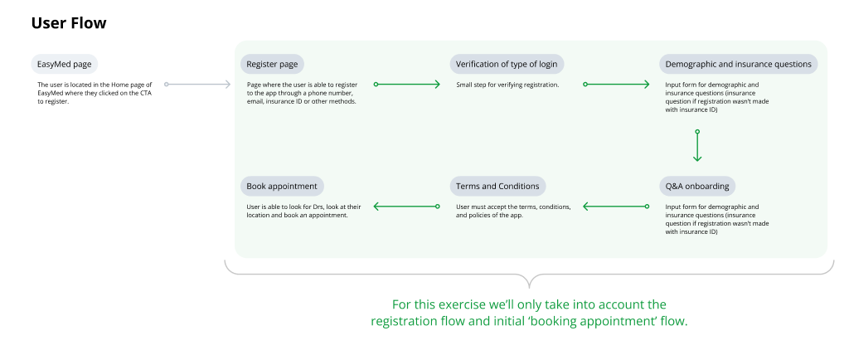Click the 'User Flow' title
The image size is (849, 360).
tap(69, 23)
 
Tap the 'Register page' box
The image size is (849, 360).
tap(272, 64)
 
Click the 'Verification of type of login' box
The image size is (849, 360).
tap(507, 64)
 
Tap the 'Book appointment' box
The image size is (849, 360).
tap(282, 185)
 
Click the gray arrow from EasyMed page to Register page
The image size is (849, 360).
tap(198, 85)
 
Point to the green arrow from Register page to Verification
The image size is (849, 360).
tap(407, 85)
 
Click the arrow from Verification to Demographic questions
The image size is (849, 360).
tap(617, 85)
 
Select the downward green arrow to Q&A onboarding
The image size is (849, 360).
tap(697, 146)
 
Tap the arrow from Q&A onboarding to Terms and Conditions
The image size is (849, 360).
tap(614, 207)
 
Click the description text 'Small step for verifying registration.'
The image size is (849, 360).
tap(507, 85)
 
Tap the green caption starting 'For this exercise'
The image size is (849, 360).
tap(529, 312)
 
